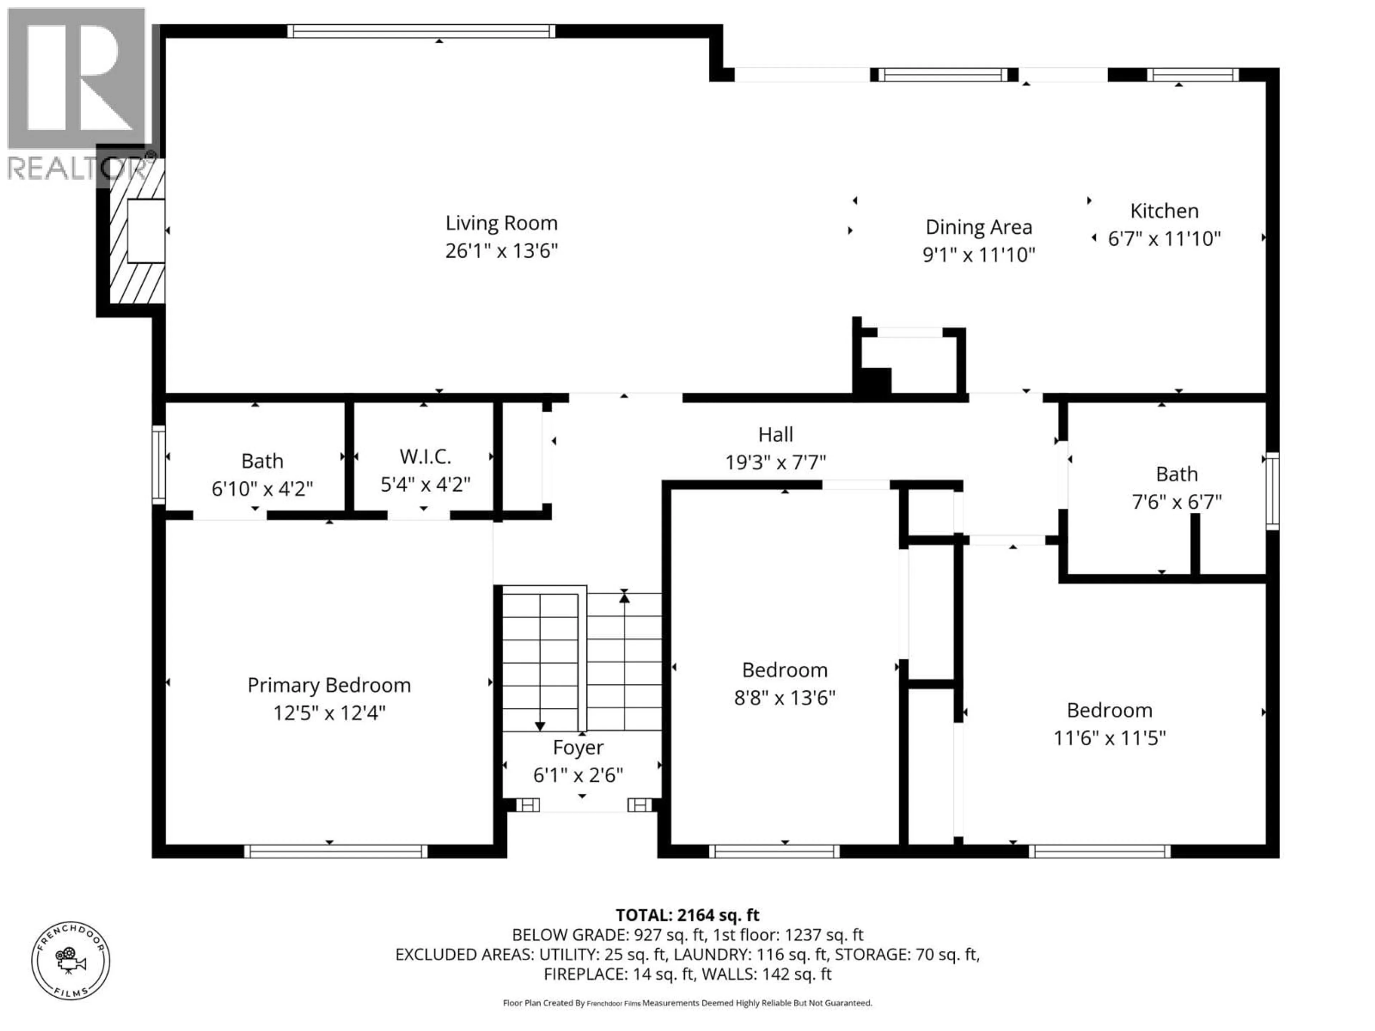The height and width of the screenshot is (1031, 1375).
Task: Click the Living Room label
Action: pos(501,223)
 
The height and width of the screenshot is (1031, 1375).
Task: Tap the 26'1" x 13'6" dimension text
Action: pos(501,251)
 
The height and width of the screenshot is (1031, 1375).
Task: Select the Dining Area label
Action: pos(978,227)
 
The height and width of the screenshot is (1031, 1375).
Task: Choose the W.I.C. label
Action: pos(425,457)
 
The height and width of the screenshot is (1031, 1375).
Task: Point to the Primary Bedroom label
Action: pos(329,685)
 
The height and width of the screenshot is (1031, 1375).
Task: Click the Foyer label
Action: pos(578,747)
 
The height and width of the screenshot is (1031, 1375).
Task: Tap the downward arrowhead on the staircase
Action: pos(540,726)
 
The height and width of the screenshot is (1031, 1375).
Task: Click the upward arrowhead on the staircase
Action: pos(624,597)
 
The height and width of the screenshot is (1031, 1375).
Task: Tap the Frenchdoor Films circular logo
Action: pos(71,961)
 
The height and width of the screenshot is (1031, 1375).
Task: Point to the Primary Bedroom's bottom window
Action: pos(336,851)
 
